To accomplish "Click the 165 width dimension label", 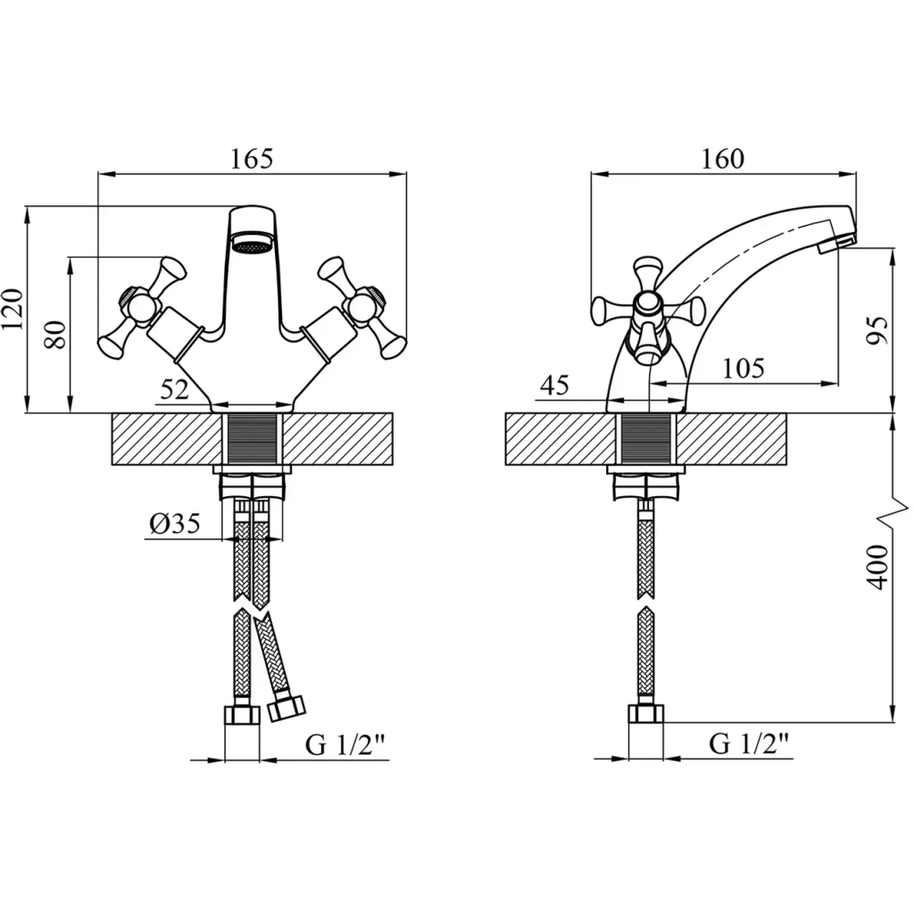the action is click(x=251, y=159).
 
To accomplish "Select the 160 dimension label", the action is click(x=722, y=159).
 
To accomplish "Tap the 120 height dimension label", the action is click(x=12, y=308).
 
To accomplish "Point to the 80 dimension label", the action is click(x=56, y=334).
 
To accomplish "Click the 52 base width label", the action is click(x=175, y=390).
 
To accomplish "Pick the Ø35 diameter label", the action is click(x=174, y=523).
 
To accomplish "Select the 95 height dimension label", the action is click(x=877, y=330).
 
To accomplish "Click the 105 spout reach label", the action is click(x=744, y=369).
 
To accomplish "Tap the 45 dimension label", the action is click(x=554, y=386).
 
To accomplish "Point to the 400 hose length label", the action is click(x=877, y=567).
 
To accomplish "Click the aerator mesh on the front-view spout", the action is click(x=253, y=243).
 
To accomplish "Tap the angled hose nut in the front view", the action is click(x=287, y=706).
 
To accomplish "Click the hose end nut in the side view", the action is click(x=646, y=714).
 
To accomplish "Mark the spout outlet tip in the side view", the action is click(x=837, y=244).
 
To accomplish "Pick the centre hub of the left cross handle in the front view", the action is click(x=140, y=305).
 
